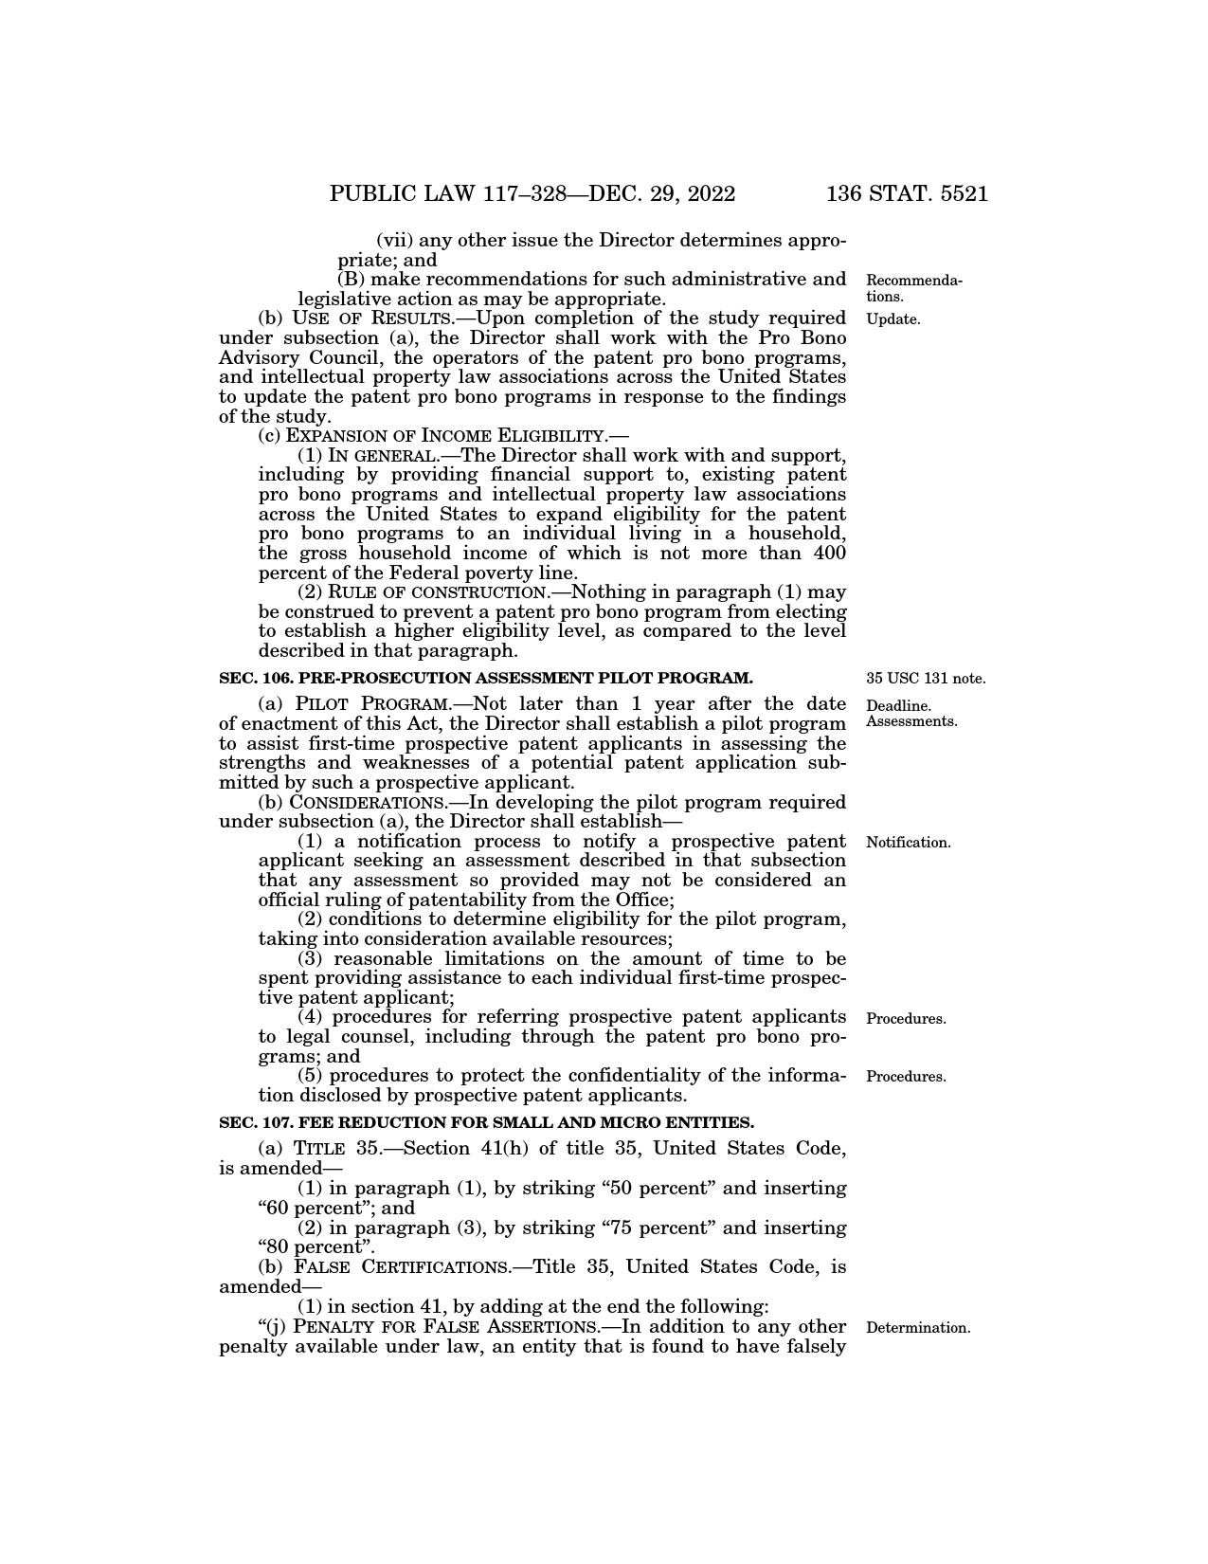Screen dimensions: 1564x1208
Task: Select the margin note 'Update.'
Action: click(893, 319)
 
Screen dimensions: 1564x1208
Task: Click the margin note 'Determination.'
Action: click(918, 1328)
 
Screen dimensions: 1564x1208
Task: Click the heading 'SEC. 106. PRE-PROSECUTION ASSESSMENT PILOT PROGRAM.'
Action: click(485, 678)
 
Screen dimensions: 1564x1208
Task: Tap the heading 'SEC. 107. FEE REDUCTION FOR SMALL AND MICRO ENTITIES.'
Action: click(486, 1122)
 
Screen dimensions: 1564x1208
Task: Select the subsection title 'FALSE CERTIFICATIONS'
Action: click(403, 1267)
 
